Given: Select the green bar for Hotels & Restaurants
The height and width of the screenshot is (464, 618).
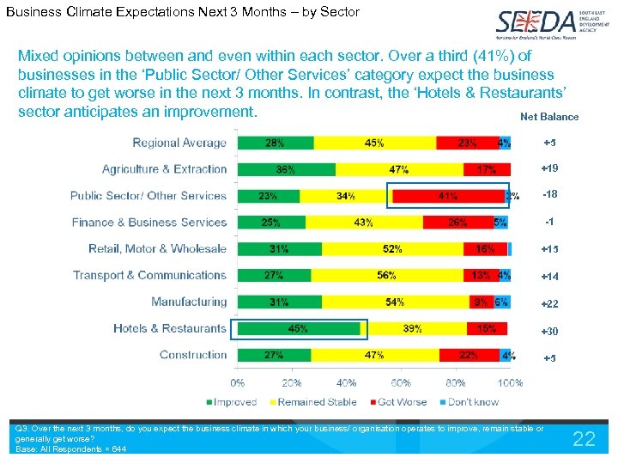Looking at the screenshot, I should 298,328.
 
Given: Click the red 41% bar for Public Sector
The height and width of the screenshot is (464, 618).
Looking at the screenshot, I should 447,196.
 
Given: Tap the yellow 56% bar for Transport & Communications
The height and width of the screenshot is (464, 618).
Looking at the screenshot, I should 387,276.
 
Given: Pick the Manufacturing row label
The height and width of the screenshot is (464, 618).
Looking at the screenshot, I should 189,302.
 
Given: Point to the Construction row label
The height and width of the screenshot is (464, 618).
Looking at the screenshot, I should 193,355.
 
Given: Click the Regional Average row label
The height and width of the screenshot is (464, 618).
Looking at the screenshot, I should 179,143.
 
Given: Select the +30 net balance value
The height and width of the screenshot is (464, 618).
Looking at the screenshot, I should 549,332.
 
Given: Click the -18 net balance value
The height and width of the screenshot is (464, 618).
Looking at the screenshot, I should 549,195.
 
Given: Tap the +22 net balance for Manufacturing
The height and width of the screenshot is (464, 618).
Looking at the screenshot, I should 549,304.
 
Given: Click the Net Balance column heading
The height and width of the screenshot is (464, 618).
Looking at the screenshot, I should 549,117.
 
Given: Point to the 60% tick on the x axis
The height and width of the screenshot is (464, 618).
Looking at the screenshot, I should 402,383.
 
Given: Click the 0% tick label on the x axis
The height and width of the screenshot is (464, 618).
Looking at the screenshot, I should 236,383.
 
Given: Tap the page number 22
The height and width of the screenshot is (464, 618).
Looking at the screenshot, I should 584,439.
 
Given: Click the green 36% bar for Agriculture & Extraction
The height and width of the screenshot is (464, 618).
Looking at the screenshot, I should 285,169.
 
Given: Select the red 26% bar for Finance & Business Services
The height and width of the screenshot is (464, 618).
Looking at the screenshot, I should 457,223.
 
